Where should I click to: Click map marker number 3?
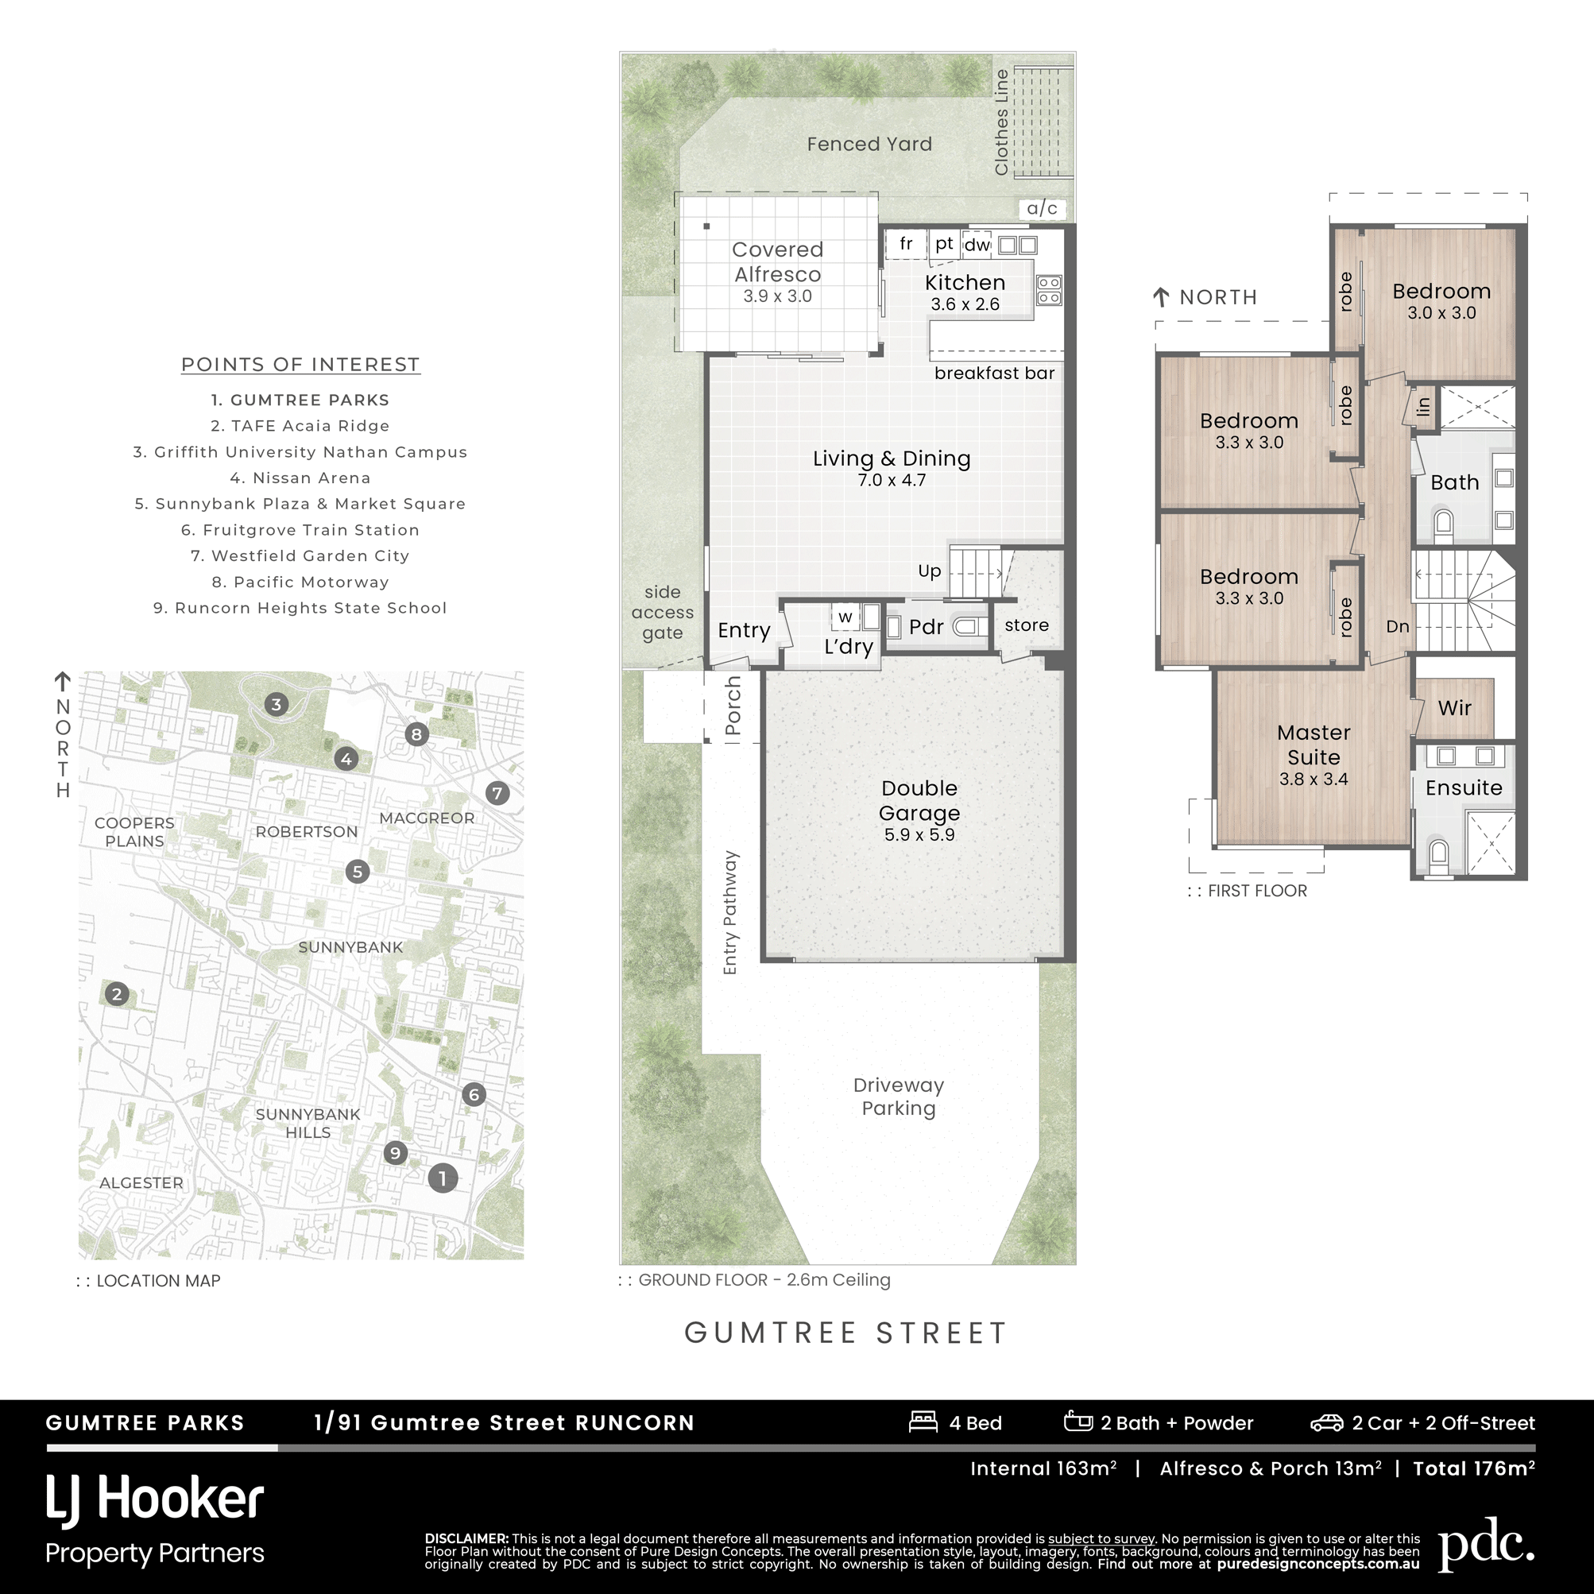click(277, 705)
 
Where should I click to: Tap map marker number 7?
click(497, 794)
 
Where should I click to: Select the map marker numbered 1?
click(443, 1178)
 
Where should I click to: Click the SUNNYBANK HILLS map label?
click(308, 1123)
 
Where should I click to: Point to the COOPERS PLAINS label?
click(134, 832)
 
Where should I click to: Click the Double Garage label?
click(919, 800)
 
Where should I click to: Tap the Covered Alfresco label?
click(777, 261)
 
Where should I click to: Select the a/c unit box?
click(1043, 209)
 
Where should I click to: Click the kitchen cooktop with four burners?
click(1050, 290)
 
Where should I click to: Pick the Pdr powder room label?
click(926, 627)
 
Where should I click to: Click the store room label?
click(1027, 625)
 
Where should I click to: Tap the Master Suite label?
click(1314, 745)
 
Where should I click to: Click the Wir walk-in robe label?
click(1455, 708)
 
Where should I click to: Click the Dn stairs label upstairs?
click(1398, 626)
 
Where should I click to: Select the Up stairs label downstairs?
click(930, 572)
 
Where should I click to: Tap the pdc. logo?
click(1487, 1545)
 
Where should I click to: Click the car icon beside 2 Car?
click(1327, 1423)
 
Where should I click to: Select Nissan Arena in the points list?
click(300, 478)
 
